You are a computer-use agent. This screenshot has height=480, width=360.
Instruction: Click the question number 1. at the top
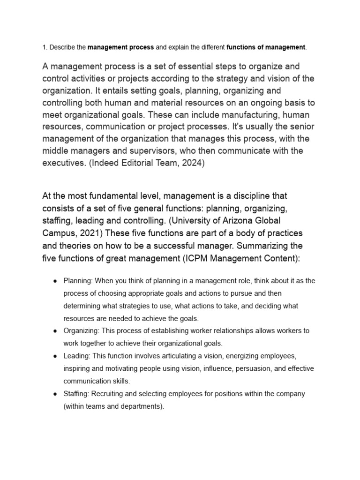click(45, 47)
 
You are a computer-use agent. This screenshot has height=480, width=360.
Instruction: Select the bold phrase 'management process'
click(120, 47)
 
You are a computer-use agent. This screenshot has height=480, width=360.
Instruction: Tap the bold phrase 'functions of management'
click(266, 47)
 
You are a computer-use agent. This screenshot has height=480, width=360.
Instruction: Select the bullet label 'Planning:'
click(78, 281)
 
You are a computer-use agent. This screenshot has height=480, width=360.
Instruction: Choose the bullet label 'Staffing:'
click(77, 394)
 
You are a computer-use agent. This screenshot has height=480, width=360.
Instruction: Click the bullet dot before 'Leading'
click(55, 356)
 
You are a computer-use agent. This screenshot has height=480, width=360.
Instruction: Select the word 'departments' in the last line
click(142, 407)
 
